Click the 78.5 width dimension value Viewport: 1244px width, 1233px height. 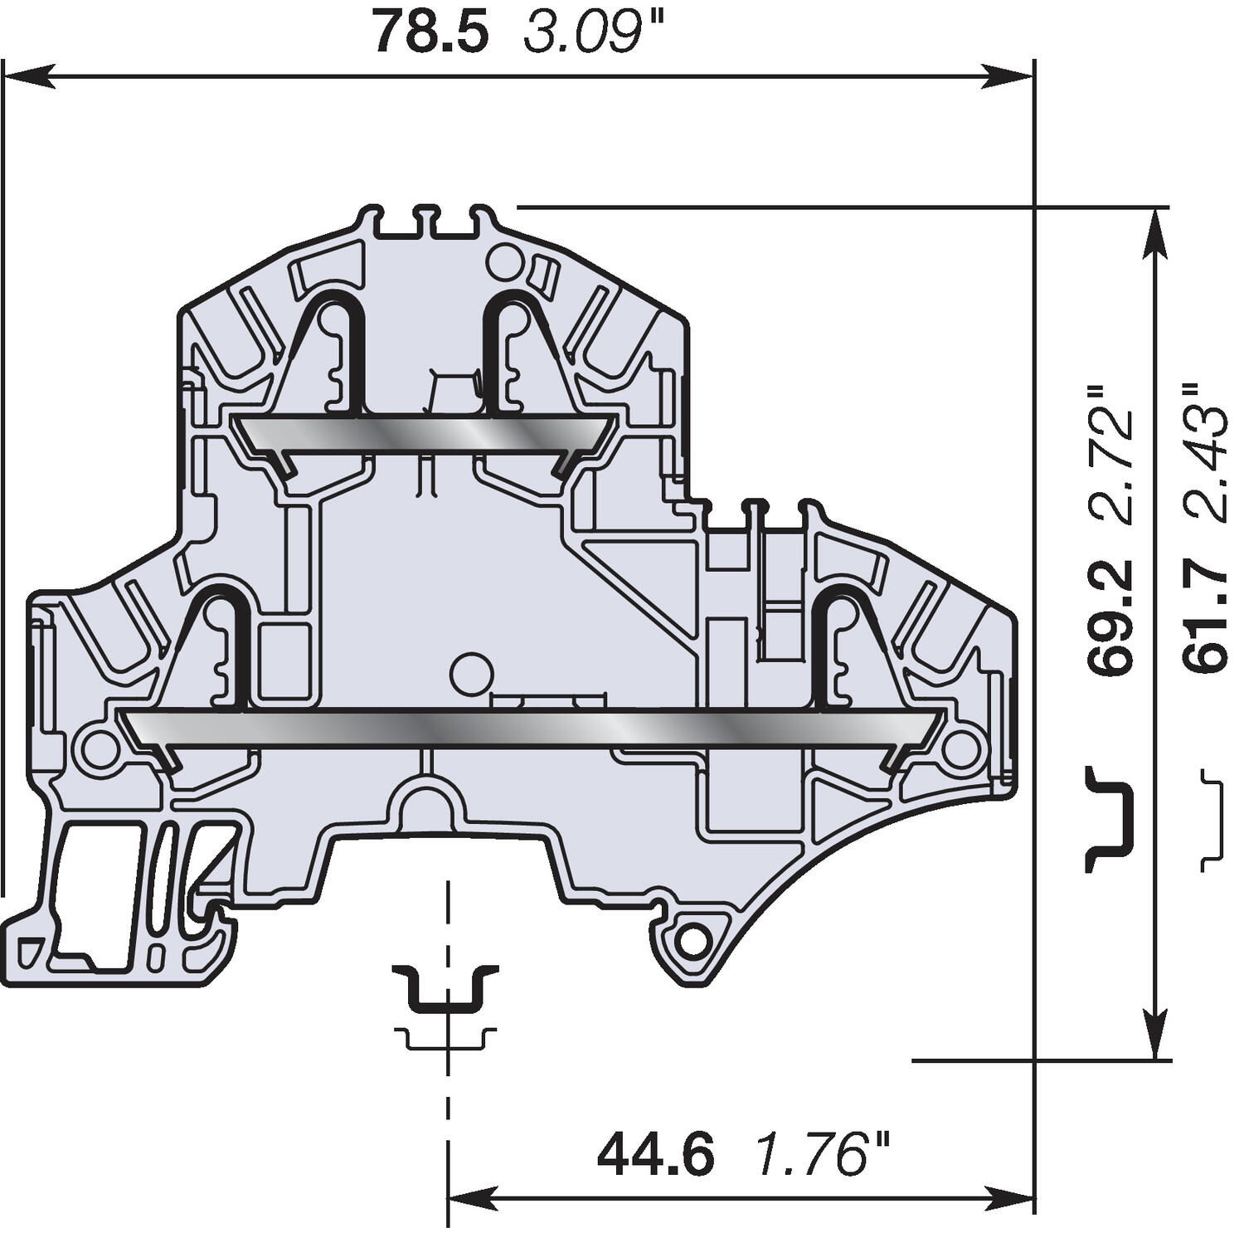tap(430, 32)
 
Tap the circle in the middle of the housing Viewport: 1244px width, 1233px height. tap(470, 670)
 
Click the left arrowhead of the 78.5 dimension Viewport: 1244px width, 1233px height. tap(25, 77)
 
